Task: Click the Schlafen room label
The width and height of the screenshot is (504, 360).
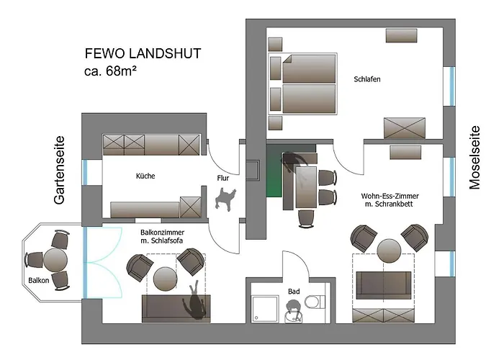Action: pos(366,79)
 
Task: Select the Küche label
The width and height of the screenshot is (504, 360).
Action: pos(145,176)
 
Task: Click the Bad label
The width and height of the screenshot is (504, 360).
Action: pos(293,291)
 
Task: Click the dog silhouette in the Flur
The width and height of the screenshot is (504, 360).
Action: pos(227,197)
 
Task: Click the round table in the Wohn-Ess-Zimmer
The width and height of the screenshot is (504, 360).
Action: pos(389,251)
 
